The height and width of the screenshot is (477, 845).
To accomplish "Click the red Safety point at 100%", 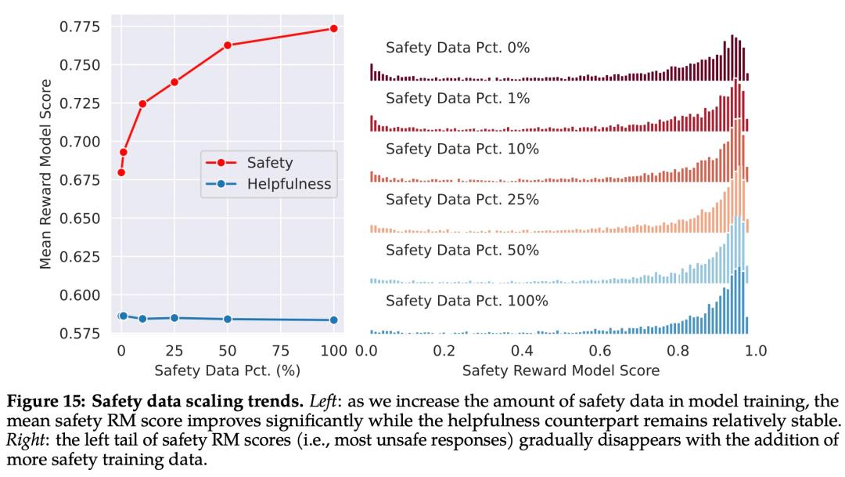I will click(x=334, y=28).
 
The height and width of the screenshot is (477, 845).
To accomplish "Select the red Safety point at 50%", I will click(x=228, y=45).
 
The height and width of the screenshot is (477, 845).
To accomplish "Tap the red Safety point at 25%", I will click(x=174, y=82).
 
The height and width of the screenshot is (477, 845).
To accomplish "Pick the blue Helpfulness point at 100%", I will click(x=334, y=320).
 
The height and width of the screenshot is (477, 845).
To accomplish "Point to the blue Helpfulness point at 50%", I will click(x=228, y=319).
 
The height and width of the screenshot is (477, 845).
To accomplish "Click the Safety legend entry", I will click(x=269, y=163).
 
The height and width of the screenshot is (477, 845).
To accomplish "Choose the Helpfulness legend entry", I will click(x=289, y=185).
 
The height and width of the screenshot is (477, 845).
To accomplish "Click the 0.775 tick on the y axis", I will click(x=80, y=27).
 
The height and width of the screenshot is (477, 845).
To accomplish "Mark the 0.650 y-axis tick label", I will click(x=80, y=219).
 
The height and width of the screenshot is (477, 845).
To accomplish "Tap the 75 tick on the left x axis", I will click(x=281, y=350).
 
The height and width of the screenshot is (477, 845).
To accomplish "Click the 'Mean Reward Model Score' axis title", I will click(x=46, y=174).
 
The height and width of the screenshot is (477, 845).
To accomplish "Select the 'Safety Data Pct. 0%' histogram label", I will click(x=458, y=48).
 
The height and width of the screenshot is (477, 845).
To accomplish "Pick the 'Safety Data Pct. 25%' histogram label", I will click(x=462, y=200).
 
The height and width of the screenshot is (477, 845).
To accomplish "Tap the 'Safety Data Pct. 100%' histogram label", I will click(x=466, y=301).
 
